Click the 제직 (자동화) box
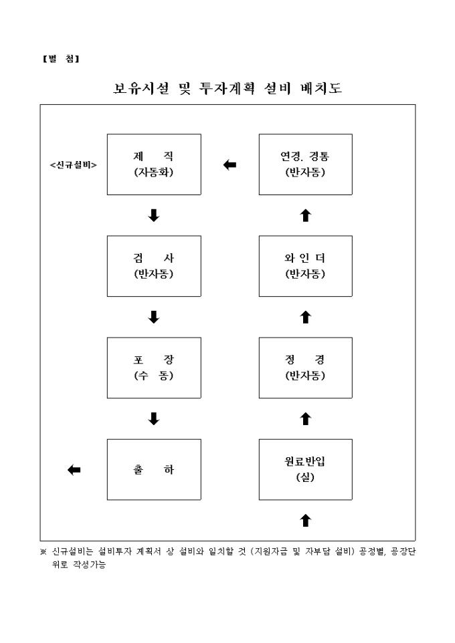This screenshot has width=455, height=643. point(154,164)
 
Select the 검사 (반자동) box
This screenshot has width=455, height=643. point(154,266)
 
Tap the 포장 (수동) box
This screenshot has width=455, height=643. point(154,368)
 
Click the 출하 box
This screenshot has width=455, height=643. point(154,470)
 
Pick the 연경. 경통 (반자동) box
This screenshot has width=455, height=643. point(305,164)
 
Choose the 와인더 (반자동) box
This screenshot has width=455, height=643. point(305,266)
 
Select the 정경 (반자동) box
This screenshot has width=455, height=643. point(305,368)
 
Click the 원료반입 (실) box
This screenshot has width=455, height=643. point(305,470)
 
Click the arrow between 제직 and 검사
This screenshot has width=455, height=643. point(154,215)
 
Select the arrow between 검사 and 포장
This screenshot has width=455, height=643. point(154,317)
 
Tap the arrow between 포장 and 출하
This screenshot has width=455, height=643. point(154,419)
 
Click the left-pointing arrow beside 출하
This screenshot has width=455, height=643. point(74,471)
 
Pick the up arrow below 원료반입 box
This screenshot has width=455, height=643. point(306,519)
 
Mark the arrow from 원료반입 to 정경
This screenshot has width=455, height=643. point(306,419)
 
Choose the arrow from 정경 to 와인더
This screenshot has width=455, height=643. point(306,317)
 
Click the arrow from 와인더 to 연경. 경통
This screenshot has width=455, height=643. point(306,215)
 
